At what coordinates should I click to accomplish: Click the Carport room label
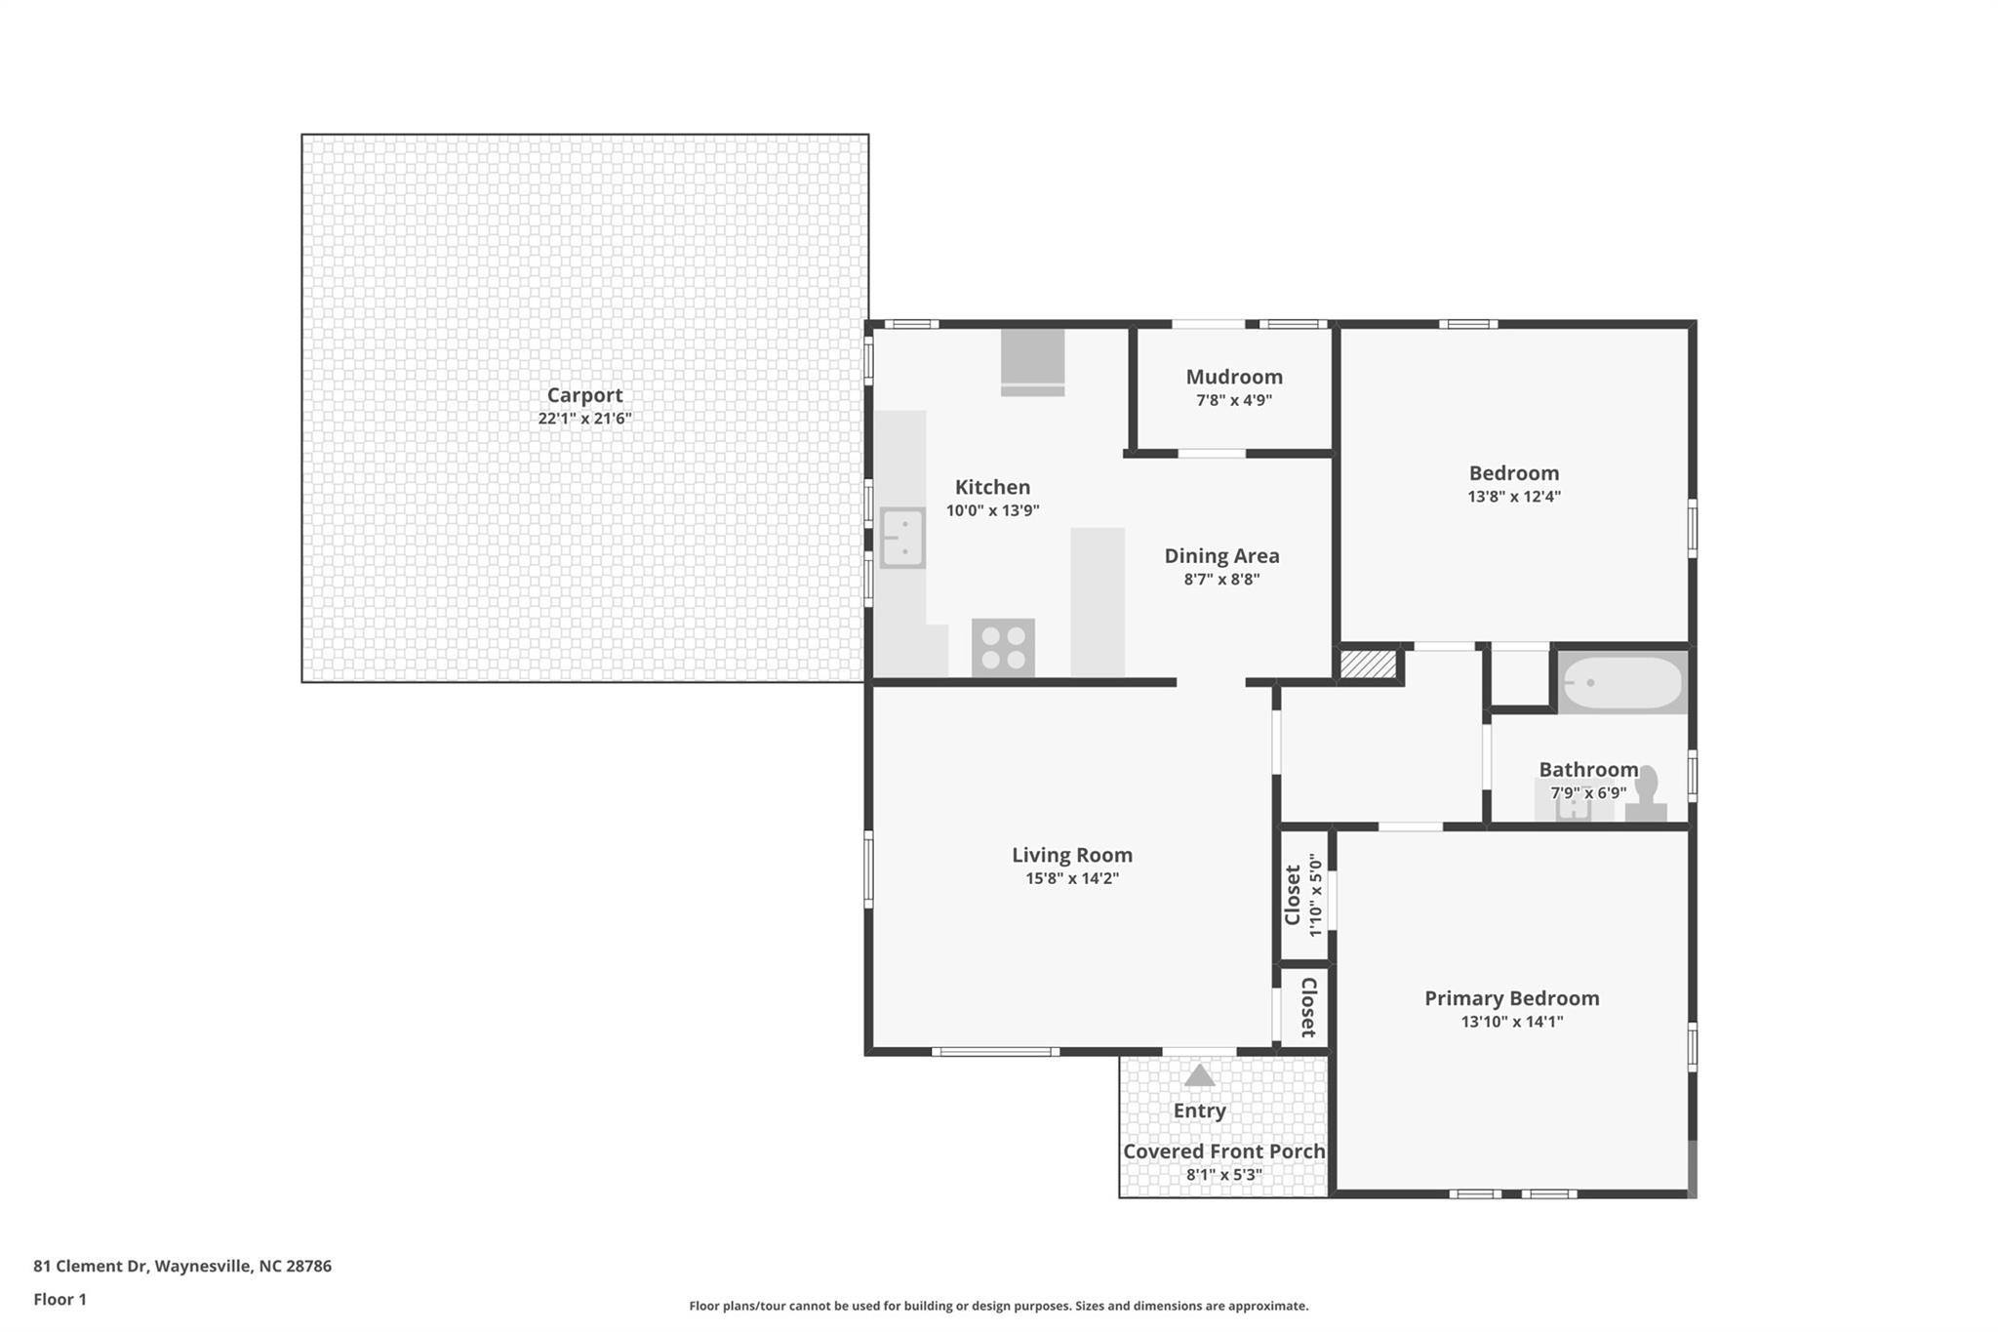[584, 395]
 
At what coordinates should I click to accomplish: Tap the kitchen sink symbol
[902, 538]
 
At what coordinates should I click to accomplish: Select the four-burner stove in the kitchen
[1003, 648]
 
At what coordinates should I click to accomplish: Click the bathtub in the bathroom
[1621, 683]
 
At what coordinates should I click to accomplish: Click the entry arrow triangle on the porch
[1199, 1075]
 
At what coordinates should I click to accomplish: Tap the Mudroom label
[1234, 377]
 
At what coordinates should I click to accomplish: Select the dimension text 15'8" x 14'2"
[1072, 878]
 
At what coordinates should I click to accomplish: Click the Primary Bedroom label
[1512, 998]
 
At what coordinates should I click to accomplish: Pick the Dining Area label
[1222, 556]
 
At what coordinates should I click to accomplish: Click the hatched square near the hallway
[1368, 665]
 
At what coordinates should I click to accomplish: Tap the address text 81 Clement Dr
[90, 1267]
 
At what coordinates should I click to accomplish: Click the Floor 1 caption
[60, 1300]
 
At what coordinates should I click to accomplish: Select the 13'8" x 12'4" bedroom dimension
[1514, 497]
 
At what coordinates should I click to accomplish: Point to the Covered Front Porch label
[1224, 1151]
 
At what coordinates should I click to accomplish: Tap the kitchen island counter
[1098, 602]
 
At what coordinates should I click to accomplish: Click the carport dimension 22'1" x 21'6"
[585, 419]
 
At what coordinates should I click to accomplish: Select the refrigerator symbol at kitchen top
[1032, 362]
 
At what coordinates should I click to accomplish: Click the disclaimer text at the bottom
[999, 1306]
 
